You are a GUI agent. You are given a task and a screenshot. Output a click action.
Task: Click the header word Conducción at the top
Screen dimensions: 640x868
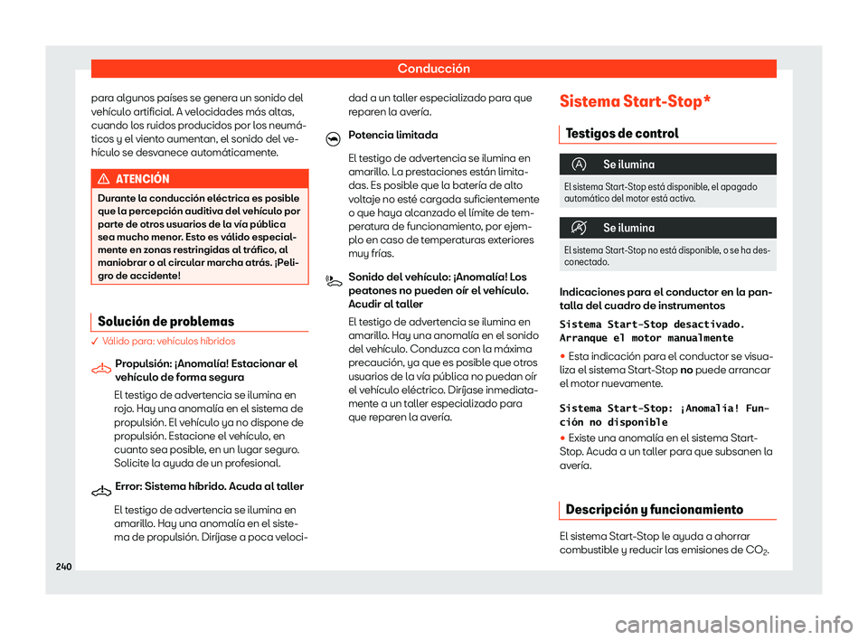coord(433,68)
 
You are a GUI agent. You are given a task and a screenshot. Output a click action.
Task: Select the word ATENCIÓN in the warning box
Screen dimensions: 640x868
coord(140,179)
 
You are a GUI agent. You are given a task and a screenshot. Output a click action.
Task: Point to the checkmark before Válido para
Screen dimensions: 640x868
coord(96,342)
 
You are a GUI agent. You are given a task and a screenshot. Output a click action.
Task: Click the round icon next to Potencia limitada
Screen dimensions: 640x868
coord(332,136)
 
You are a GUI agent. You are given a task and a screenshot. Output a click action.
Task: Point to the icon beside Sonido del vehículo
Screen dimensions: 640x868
coord(332,280)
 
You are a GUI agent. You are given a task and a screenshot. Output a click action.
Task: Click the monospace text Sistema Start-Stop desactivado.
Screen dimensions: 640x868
coord(653,323)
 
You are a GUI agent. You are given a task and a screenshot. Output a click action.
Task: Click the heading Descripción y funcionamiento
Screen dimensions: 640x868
coord(654,510)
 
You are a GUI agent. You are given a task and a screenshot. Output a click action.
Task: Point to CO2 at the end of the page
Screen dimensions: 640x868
coord(758,552)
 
